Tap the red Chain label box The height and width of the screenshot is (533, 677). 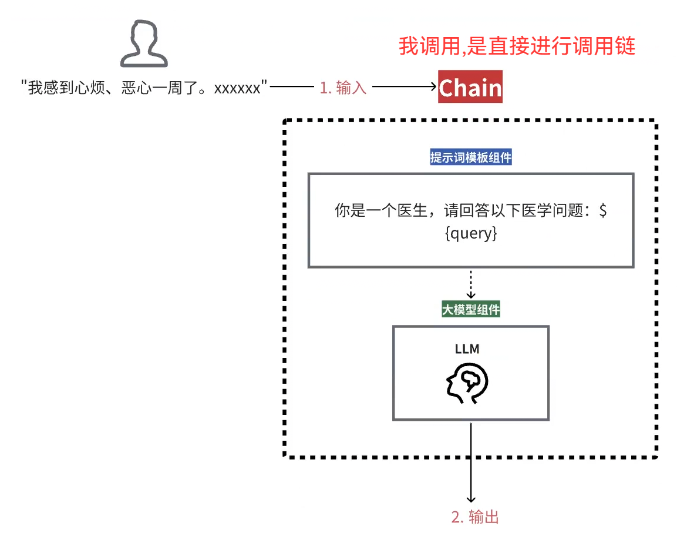(x=470, y=87)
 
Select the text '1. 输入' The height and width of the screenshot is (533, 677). (x=343, y=88)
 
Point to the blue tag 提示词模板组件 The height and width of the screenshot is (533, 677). (x=470, y=158)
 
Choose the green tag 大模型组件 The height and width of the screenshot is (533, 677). (x=470, y=310)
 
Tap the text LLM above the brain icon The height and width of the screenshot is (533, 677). (x=467, y=349)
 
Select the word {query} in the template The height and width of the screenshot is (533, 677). (x=471, y=233)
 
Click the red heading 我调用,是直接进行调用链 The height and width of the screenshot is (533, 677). (x=517, y=46)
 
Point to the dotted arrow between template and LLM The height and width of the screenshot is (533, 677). (x=470, y=284)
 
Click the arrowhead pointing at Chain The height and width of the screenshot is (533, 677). (x=432, y=88)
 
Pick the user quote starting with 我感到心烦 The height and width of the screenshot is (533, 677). (x=144, y=88)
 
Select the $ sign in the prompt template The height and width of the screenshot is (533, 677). (x=602, y=211)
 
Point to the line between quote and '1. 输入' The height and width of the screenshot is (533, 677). (x=292, y=88)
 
